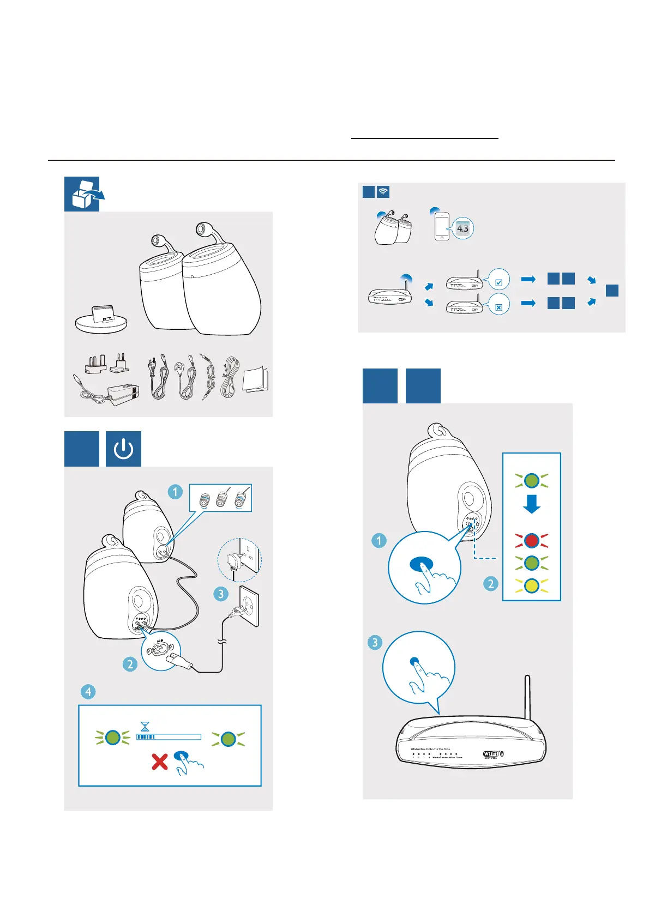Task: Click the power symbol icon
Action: [x=123, y=449]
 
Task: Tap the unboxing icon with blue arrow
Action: [x=83, y=194]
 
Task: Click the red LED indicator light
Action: [x=531, y=540]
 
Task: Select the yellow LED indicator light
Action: [x=531, y=586]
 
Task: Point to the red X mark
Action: [x=159, y=761]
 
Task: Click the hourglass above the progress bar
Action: [x=145, y=727]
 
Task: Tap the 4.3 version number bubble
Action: [x=462, y=228]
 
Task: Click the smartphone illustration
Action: [x=441, y=226]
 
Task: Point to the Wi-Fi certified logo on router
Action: [x=492, y=754]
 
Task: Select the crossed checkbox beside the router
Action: [x=498, y=307]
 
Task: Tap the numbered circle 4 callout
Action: [x=88, y=692]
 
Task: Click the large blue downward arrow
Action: [x=531, y=504]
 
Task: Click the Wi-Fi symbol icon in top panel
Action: [x=383, y=192]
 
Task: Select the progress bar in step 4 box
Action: [x=169, y=737]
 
